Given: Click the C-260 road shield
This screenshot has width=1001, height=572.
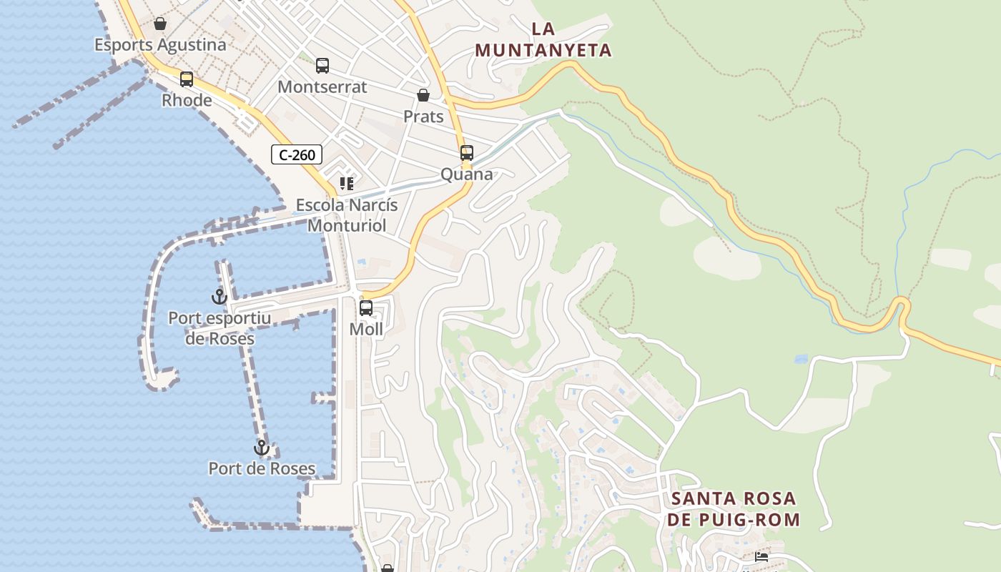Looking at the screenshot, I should (x=297, y=154).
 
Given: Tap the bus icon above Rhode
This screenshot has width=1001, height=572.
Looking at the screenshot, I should (x=187, y=79).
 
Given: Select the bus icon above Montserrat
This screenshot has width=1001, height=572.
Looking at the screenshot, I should (x=322, y=66).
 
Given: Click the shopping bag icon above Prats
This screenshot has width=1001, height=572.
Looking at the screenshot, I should (x=423, y=95).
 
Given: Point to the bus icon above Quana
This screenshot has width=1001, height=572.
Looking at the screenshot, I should (x=467, y=153).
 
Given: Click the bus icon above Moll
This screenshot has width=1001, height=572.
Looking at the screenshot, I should (x=366, y=308).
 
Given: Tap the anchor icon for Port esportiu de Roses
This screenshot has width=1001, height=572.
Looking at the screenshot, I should (x=219, y=296).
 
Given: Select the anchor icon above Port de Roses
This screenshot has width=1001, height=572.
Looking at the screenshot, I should (x=262, y=448).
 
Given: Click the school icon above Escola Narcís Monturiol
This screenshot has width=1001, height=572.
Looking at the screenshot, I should (x=347, y=184).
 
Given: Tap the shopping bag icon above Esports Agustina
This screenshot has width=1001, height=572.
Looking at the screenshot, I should (x=160, y=24).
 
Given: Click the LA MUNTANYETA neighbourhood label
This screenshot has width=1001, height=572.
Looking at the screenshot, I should (x=543, y=39).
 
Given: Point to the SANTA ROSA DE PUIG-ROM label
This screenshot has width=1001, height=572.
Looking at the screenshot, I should (x=734, y=509).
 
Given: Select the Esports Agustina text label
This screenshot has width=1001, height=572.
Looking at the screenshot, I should (x=160, y=45).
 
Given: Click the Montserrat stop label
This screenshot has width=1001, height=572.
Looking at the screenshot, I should (x=322, y=87).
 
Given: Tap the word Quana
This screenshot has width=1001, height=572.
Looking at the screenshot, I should (x=467, y=174).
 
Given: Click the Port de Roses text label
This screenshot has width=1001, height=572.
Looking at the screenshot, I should (x=262, y=469).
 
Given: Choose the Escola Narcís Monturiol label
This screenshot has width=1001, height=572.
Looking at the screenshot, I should (x=347, y=215).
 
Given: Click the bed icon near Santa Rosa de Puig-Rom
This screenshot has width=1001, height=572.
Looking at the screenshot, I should (x=761, y=557).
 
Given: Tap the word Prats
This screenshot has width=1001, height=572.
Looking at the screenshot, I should (x=423, y=117).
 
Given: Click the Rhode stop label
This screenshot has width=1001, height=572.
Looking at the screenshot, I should (x=187, y=101).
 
